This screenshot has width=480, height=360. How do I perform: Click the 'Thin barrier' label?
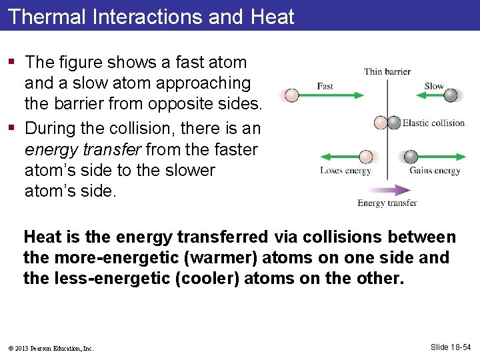[387, 71]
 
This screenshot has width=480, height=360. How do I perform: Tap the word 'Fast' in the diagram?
[325, 86]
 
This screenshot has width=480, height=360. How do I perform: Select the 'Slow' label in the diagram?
[434, 86]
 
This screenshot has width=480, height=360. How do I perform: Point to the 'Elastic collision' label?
[433, 123]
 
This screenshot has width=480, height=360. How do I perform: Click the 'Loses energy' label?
[345, 171]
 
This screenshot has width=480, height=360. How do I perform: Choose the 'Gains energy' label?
[435, 171]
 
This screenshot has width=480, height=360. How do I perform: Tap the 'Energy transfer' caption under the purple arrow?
[387, 203]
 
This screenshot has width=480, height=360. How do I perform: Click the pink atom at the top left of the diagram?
[292, 95]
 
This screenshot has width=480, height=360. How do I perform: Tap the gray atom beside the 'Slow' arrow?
[451, 95]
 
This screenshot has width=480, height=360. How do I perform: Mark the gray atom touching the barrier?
[394, 123]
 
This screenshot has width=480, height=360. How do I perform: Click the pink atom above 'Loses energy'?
[365, 157]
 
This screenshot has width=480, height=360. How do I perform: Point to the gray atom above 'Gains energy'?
[411, 157]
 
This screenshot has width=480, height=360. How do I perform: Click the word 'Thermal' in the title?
[47, 16]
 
